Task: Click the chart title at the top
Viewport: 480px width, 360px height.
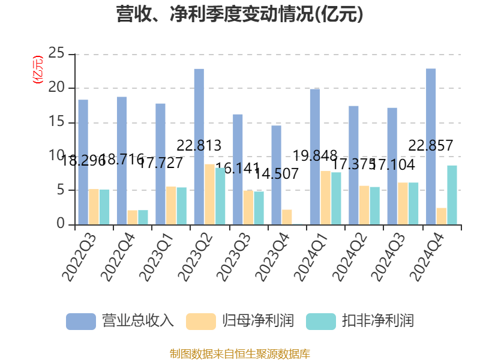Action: (x=239, y=14)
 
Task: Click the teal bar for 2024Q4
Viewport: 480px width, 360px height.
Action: (x=452, y=195)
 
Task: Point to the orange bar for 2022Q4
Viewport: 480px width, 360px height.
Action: (x=132, y=217)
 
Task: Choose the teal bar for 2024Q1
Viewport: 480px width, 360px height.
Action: (x=336, y=199)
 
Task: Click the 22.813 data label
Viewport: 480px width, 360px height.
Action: (x=199, y=145)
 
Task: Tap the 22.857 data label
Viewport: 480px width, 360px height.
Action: (x=431, y=145)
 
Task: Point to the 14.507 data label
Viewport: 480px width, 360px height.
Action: (x=277, y=174)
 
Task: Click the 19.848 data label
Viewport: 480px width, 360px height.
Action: (x=315, y=156)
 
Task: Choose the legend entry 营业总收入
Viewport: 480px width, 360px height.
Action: (x=120, y=320)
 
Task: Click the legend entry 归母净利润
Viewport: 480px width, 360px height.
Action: (x=240, y=320)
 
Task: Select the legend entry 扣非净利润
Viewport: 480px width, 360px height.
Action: (x=360, y=320)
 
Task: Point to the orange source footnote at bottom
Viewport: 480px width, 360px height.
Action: (x=239, y=353)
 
